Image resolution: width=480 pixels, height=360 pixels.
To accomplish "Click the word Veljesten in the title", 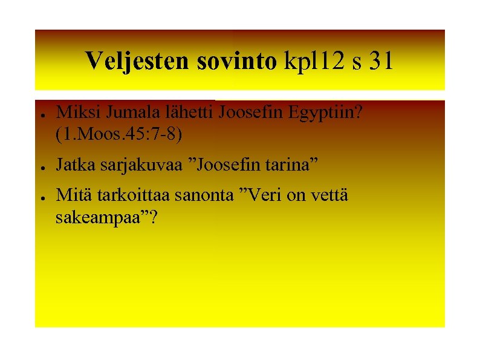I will click(138, 61).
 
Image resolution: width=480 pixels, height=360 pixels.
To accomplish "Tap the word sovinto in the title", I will click(236, 61).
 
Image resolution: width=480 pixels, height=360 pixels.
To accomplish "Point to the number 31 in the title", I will click(380, 61).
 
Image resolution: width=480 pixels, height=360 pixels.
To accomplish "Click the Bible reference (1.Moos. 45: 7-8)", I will click(118, 134).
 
